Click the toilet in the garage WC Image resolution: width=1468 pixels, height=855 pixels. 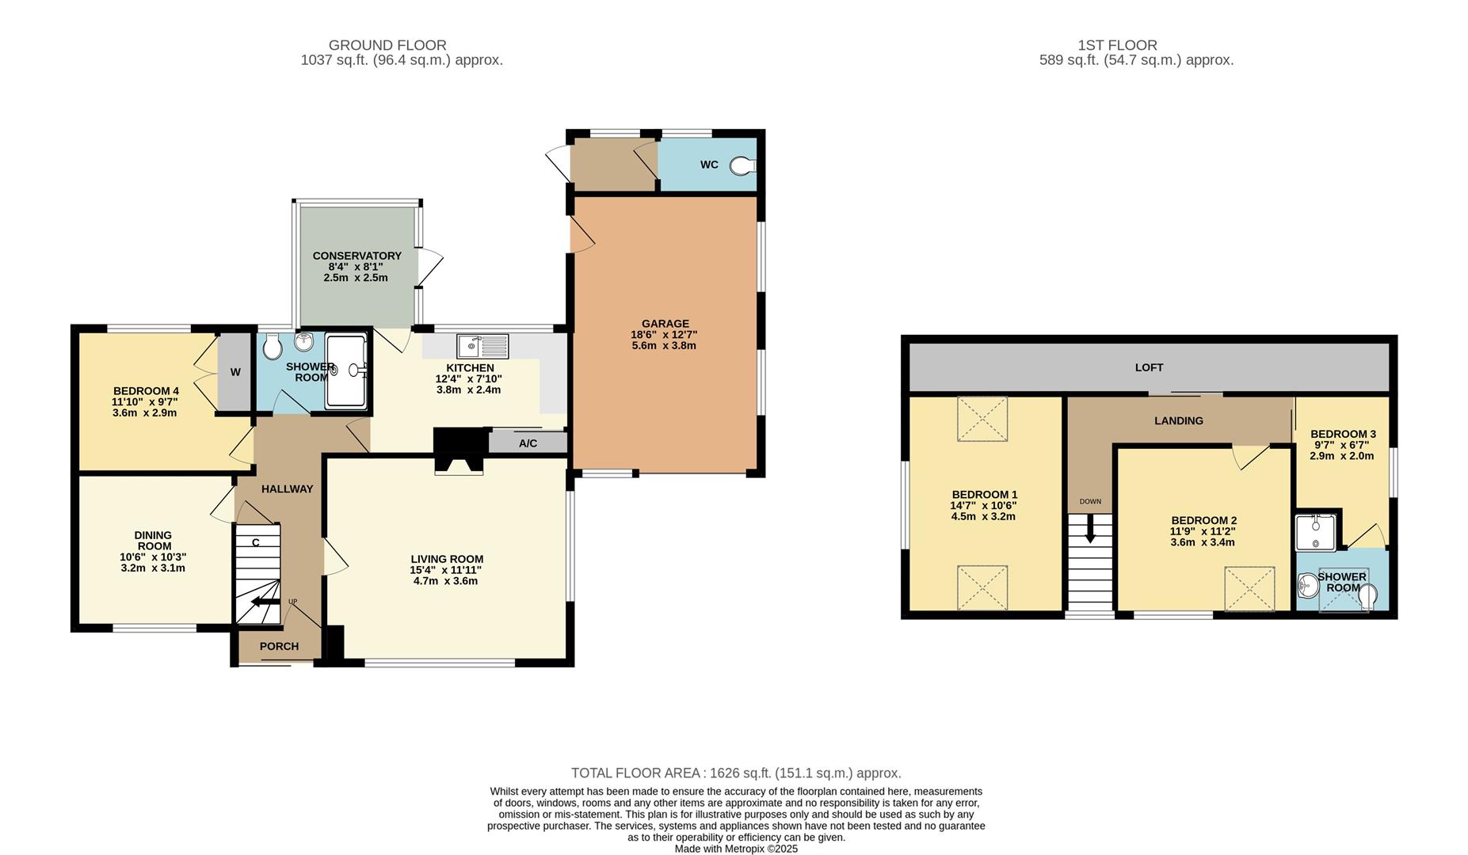[743, 165]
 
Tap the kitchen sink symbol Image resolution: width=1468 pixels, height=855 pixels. [482, 346]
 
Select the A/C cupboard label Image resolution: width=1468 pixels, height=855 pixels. [528, 443]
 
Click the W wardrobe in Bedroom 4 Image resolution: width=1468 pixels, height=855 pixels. [234, 372]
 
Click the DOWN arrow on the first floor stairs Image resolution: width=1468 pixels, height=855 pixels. [1090, 528]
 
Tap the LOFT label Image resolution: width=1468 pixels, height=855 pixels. [1149, 367]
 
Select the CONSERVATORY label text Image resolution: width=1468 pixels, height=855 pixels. [357, 256]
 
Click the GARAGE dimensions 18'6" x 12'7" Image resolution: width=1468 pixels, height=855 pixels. [664, 335]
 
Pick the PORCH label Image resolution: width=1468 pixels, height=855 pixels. [279, 646]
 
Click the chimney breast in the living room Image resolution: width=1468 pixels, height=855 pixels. [459, 452]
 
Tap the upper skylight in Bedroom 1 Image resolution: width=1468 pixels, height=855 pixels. [982, 419]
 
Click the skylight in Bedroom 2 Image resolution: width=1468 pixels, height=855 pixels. [1249, 589]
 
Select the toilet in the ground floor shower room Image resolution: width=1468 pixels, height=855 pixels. [273, 346]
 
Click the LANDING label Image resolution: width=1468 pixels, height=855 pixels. [1178, 421]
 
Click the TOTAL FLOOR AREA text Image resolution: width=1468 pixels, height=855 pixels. [735, 773]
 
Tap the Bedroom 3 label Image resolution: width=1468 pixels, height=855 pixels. [1342, 434]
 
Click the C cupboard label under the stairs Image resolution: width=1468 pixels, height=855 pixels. [256, 543]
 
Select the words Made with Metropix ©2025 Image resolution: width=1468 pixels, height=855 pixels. [735, 849]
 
